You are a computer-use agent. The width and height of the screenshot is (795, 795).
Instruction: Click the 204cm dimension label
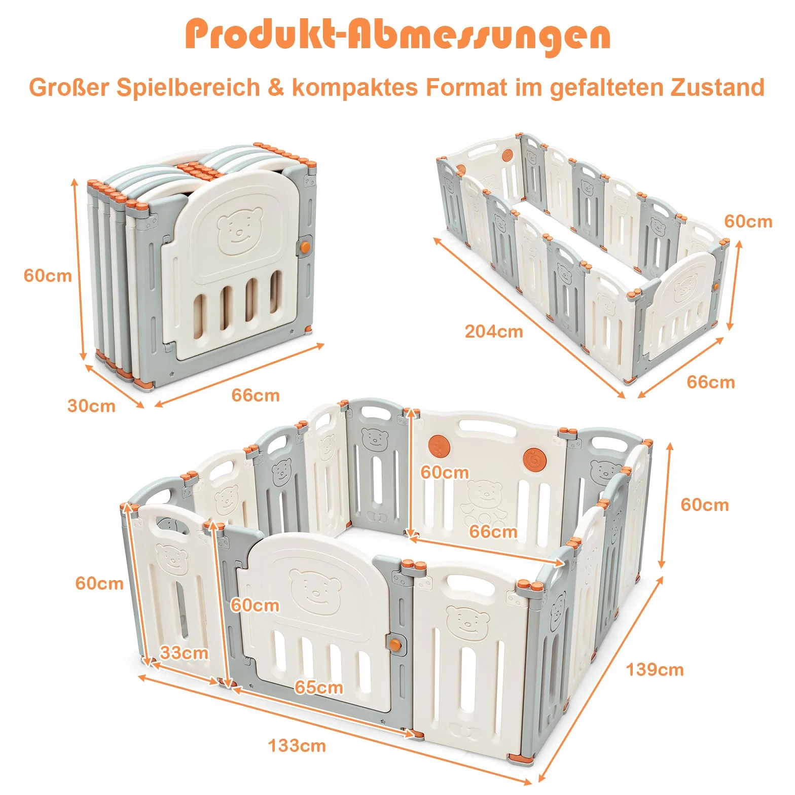[494, 332]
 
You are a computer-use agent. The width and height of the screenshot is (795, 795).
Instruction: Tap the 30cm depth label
[92, 406]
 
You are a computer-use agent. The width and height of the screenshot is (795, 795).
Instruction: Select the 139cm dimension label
[655, 670]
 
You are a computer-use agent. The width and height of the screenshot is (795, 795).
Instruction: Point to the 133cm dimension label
[297, 746]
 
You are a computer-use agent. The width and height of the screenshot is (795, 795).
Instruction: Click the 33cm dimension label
[184, 653]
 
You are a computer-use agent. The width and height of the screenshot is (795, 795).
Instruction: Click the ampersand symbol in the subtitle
[276, 87]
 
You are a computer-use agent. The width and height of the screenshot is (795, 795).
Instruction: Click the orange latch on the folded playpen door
[305, 247]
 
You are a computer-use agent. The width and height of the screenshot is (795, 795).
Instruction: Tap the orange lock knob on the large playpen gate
[395, 644]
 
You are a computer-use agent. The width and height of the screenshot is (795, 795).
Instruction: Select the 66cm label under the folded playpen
[256, 395]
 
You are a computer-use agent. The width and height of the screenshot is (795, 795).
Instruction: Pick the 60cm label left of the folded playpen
[48, 276]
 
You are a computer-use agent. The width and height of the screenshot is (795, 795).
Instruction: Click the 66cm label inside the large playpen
[493, 531]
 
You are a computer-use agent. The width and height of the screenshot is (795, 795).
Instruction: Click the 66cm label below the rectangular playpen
[711, 382]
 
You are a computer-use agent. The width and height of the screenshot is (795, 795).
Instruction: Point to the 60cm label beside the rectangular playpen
[748, 222]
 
